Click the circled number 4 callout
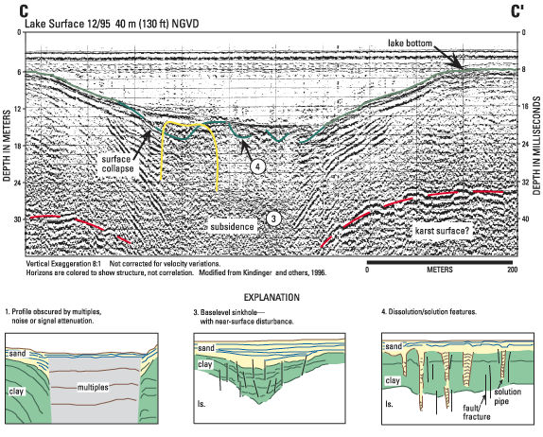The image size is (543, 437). coord(257,166)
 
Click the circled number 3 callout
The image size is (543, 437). coord(273,218)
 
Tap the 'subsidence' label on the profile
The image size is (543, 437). coord(233,227)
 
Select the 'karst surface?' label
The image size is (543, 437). coord(443,231)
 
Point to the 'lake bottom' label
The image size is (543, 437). coord(410,44)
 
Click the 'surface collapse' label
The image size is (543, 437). coord(117,164)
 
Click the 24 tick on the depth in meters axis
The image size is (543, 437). coord(17,183)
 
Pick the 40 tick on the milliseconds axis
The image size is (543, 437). coord(525,219)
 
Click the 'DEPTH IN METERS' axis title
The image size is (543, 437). coord(7,146)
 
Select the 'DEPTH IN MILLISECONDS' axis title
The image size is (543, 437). coord(536,146)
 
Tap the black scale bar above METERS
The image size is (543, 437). coord(440,262)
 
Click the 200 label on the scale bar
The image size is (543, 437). coord(513,270)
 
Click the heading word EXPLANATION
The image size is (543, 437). coord(271,297)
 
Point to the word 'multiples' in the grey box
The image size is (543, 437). coord(93,387)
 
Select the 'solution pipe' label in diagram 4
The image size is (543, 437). coord(508,396)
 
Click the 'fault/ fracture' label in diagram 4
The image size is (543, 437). coord(477,412)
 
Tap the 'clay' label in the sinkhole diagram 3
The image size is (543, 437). coord(205,364)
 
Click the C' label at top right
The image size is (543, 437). coord(517,11)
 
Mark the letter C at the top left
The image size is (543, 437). coord(24,11)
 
